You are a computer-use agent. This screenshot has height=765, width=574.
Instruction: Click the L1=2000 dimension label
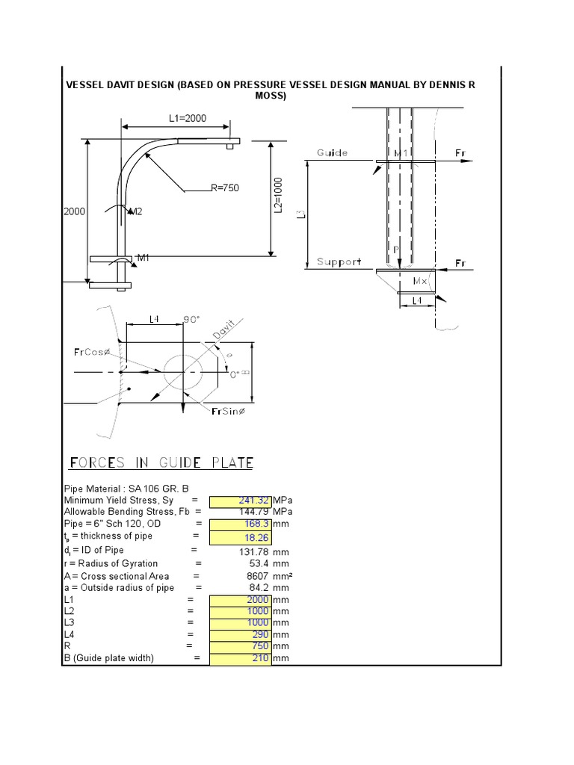click(187, 118)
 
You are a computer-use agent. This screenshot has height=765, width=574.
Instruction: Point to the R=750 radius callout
click(224, 188)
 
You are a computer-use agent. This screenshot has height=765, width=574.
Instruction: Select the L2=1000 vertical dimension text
click(278, 196)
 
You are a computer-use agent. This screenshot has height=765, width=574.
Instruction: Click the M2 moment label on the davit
click(135, 212)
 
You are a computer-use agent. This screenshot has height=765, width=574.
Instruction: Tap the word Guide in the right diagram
click(332, 152)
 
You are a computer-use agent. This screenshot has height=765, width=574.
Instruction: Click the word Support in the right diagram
click(339, 261)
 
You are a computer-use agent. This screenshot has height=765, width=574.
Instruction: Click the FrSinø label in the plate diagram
click(229, 412)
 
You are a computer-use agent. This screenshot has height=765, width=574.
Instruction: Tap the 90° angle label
click(193, 320)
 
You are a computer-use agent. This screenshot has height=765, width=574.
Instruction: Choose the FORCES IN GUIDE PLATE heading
click(161, 463)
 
